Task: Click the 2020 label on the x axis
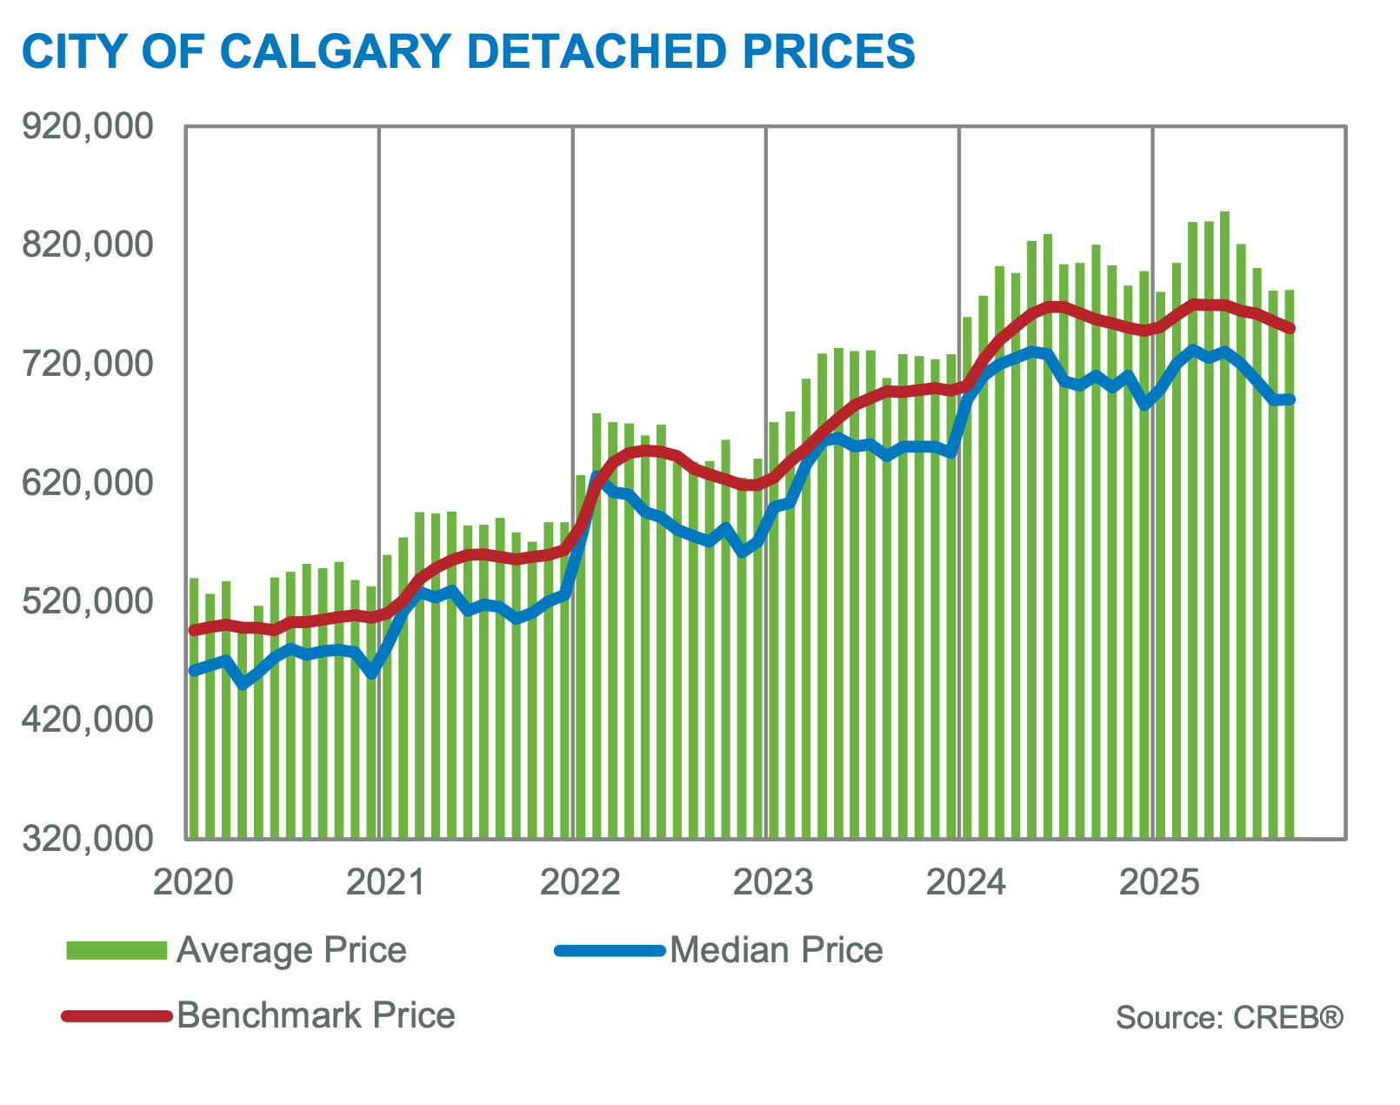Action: [192, 882]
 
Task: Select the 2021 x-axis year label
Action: [385, 882]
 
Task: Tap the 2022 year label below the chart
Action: [579, 882]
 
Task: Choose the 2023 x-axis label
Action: [773, 882]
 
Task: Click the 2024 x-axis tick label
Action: [966, 882]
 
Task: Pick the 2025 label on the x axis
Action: [1159, 882]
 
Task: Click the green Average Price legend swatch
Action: [117, 950]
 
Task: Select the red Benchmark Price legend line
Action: [117, 1015]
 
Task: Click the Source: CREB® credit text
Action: [1229, 1017]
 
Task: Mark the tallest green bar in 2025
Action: [1224, 522]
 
